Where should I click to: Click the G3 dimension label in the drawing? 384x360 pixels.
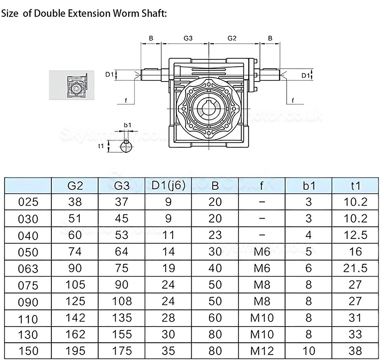pos(188,38)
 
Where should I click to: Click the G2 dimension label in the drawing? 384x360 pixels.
pos(232,38)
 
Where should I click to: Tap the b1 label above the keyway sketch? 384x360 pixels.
pos(127,125)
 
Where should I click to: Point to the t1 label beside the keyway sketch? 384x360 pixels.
pos(101,146)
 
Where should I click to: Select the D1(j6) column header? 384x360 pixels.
pos(169,186)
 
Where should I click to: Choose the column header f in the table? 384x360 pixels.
pos(262,186)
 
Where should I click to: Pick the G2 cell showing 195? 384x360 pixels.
pos(75,351)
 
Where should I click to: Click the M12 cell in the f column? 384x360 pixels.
pos(262,351)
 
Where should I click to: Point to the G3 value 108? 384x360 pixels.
pos(122,301)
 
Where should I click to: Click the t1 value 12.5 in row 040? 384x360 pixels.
pos(356,235)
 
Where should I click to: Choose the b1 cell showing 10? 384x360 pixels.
pos(309,351)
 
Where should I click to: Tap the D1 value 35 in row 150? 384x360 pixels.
pos(169,351)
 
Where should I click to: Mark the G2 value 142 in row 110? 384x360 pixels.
pos(75,318)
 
